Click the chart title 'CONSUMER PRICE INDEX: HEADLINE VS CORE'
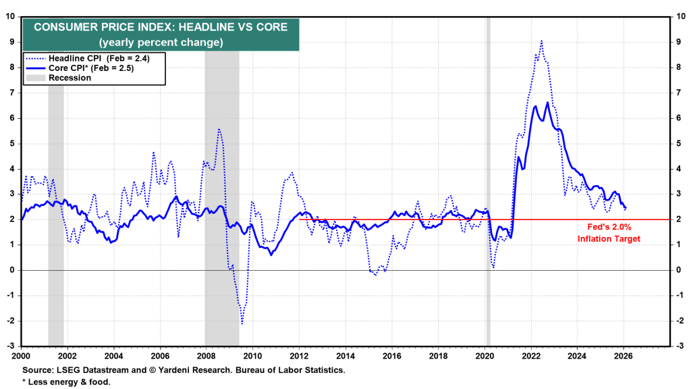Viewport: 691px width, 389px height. click(x=161, y=27)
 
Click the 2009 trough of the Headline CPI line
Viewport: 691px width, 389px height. click(x=242, y=324)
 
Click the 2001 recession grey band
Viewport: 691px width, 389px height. click(x=56, y=203)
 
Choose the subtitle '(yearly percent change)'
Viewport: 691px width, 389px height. click(x=161, y=42)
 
